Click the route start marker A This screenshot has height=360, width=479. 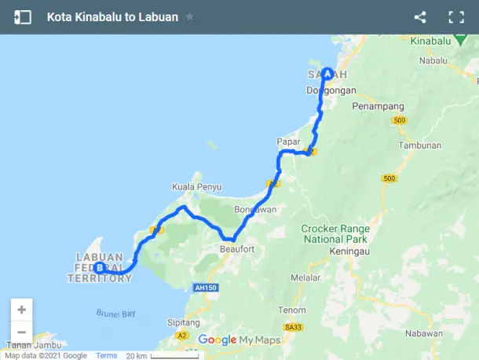[x=327, y=72]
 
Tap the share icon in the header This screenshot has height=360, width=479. [x=420, y=17]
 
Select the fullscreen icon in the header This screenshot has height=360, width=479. [x=456, y=17]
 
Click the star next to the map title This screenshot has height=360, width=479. [x=189, y=17]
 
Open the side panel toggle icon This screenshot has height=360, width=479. [x=23, y=17]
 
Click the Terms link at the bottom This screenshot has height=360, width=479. [x=106, y=355]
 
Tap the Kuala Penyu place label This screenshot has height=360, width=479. [x=196, y=187]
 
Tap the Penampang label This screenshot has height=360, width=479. [x=378, y=105]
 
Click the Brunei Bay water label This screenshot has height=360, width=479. [x=117, y=313]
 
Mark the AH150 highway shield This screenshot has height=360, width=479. [x=204, y=288]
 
